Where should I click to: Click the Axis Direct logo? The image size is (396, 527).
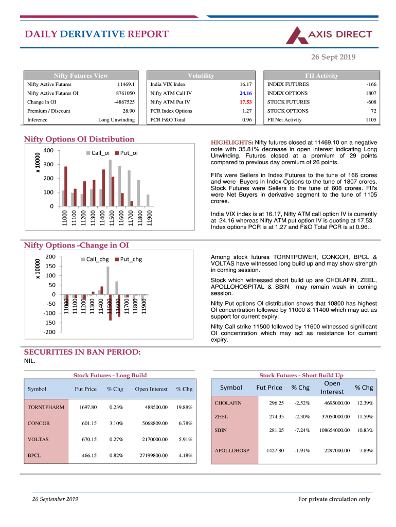point(329,34)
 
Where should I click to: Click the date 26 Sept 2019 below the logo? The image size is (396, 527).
point(333,57)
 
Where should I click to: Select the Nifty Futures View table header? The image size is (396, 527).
point(81,76)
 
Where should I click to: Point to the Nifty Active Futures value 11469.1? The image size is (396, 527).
point(126,84)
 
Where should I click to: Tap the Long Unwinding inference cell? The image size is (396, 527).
point(116,120)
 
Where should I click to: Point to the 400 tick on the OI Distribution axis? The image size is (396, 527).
point(48,151)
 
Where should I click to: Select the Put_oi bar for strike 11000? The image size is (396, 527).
point(66,186)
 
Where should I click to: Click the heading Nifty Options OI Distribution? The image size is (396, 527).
point(79,139)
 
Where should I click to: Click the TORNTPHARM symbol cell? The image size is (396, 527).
point(46,407)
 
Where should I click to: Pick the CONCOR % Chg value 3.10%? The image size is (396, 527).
point(116,424)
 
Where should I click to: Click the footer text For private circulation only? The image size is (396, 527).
point(334,499)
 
